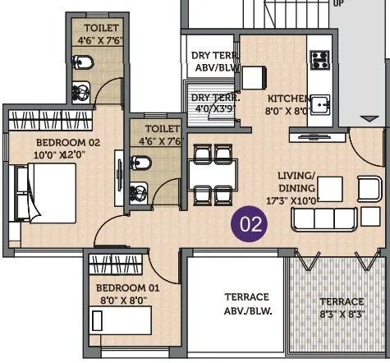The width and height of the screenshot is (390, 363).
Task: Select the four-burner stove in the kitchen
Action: coord(318,60)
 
